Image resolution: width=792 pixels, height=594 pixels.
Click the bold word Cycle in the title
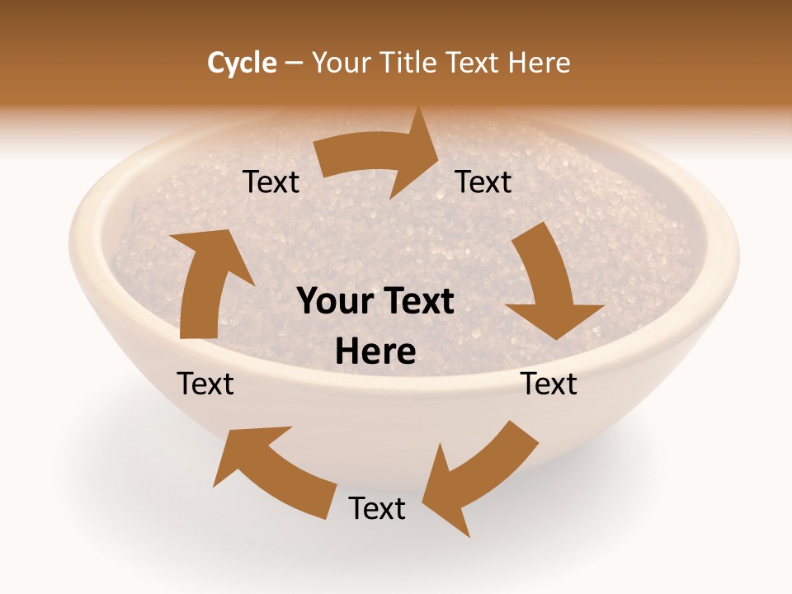point(242,63)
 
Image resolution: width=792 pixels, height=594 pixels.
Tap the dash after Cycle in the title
point(294,64)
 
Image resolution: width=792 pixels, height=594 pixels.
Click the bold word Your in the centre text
point(334,301)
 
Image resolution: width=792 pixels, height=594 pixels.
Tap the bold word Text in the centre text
point(416,301)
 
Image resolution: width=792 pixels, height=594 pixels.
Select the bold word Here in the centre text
point(375,351)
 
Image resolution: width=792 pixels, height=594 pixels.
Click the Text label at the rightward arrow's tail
point(271,182)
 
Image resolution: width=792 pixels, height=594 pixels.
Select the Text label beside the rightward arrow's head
point(483,182)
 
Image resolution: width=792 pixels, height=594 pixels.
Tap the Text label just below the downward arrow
point(549,384)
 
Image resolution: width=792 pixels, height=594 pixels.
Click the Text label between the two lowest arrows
point(377,508)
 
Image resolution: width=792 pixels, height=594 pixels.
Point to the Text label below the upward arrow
point(206,384)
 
